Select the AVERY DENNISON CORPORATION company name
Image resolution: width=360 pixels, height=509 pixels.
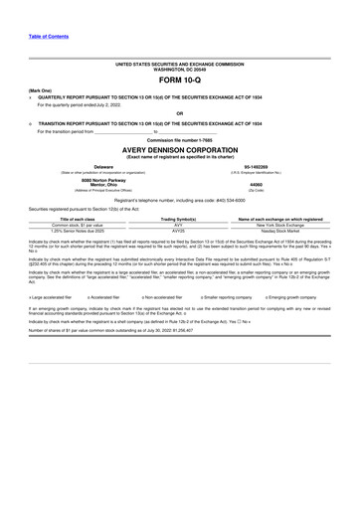click(180, 149)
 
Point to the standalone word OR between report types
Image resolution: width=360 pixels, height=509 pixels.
click(180, 113)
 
